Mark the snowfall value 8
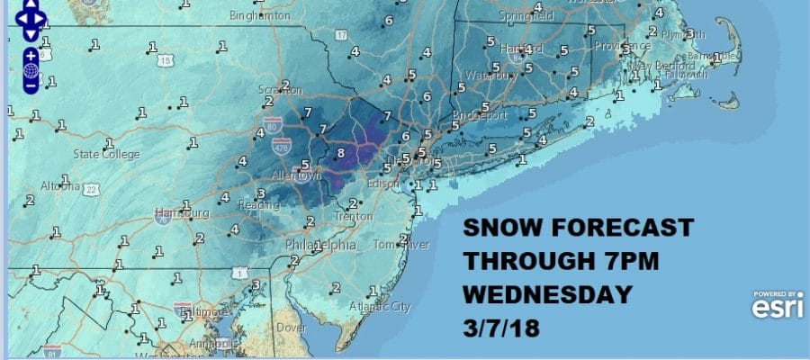pos(340,154)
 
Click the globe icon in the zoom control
pos(31,70)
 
